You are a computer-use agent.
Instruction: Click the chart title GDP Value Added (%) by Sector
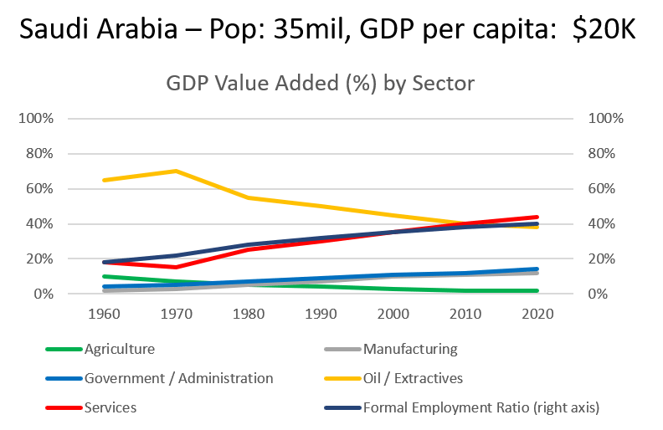[x=321, y=84]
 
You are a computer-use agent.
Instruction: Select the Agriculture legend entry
[x=120, y=349]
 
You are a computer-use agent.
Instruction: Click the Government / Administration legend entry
[x=178, y=378]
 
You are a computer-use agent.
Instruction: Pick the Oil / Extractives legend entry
[x=413, y=378]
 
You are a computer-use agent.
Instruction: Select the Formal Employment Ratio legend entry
[x=483, y=407]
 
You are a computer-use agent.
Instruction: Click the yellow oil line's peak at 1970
[x=176, y=171]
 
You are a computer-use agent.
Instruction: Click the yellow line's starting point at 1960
[x=103, y=180]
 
